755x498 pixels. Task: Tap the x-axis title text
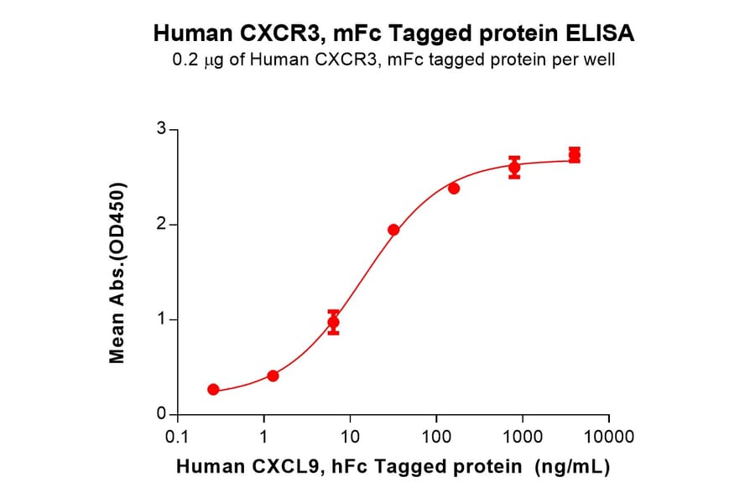[393, 467]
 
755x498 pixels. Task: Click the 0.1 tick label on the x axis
[177, 437]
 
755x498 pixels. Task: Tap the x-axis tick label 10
[350, 437]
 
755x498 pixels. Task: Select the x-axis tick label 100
[435, 437]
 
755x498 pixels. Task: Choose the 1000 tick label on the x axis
[522, 437]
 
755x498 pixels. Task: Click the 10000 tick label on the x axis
[608, 437]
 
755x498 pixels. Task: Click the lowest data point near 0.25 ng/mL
[213, 389]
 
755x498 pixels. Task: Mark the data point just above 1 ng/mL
[273, 376]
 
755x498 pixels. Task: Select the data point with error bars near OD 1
[334, 322]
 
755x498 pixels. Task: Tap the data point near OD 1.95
[393, 230]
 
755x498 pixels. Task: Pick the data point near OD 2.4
[454, 188]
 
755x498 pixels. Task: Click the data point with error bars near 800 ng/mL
[514, 168]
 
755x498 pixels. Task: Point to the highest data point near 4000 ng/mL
[575, 155]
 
